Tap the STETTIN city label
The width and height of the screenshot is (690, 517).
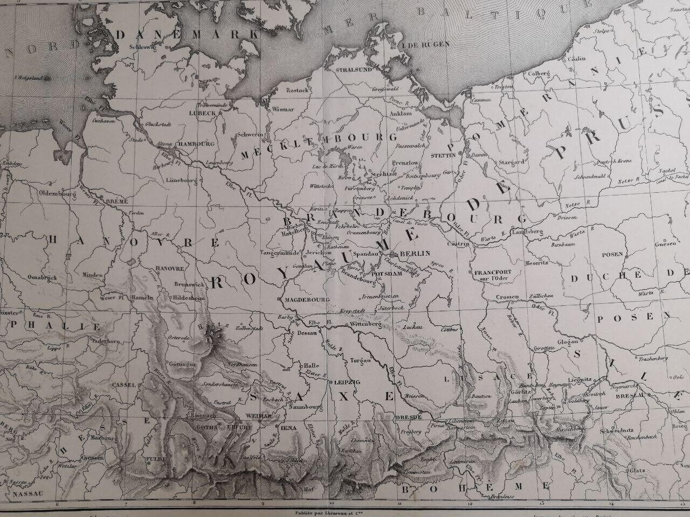(444, 155)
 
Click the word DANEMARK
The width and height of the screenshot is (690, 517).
(184, 34)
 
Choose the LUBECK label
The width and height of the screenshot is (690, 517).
(202, 113)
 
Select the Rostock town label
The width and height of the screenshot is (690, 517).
(296, 90)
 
